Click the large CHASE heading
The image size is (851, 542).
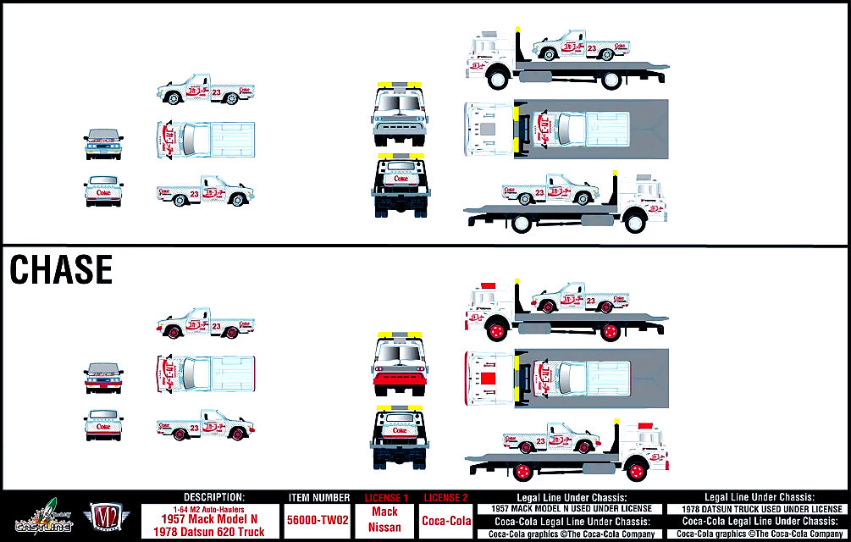tap(60, 269)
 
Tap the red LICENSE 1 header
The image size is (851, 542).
tap(385, 497)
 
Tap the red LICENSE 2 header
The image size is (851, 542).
tap(446, 497)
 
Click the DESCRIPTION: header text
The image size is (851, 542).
tap(214, 497)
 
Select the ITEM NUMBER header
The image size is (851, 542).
tap(318, 498)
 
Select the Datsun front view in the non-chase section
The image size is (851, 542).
tap(103, 143)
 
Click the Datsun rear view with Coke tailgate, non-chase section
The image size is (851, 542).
tap(103, 191)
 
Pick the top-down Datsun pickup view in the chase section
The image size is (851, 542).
tap(205, 371)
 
